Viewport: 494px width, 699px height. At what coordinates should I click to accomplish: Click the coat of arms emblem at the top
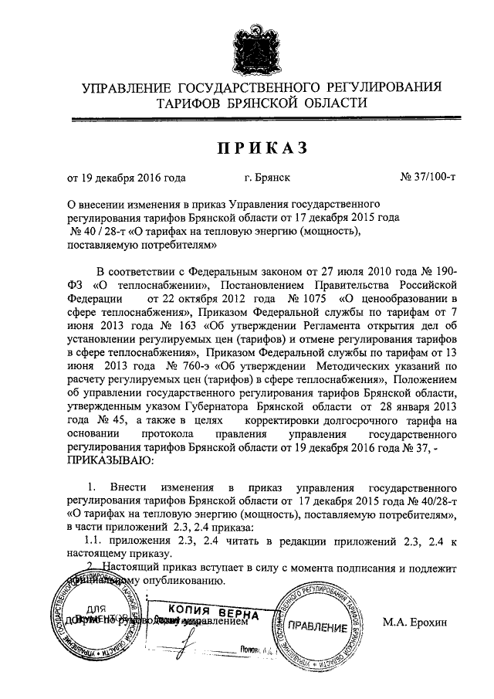click(x=246, y=45)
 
